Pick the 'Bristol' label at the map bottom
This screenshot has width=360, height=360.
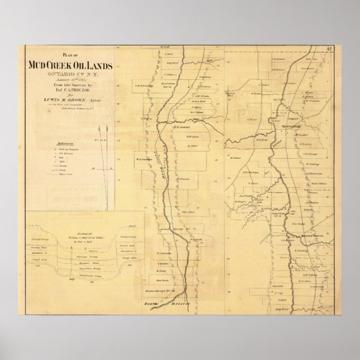[181, 301]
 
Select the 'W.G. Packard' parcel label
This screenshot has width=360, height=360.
[145, 159]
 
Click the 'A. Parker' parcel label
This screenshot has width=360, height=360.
[253, 119]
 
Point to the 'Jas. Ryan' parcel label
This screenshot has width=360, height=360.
[163, 279]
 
